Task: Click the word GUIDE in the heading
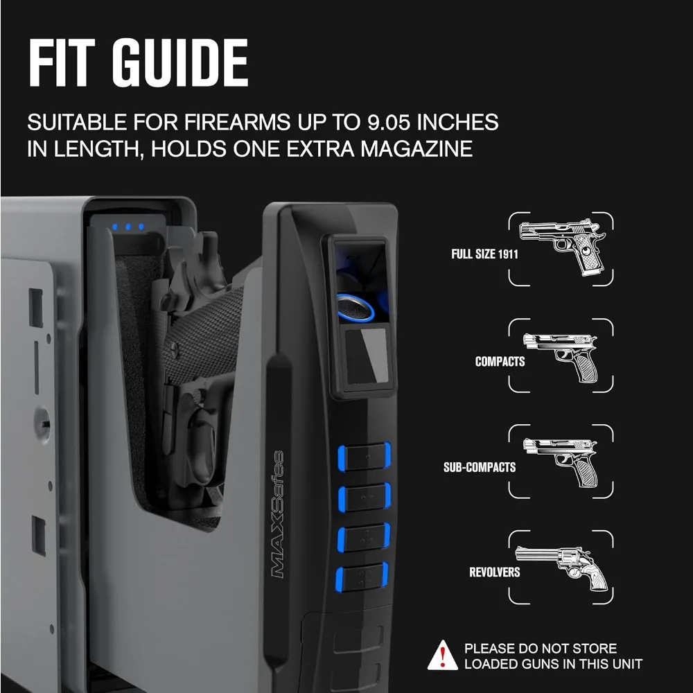click(x=179, y=63)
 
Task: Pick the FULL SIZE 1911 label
click(x=484, y=254)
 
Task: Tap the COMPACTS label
click(x=500, y=361)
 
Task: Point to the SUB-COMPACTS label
click(x=480, y=467)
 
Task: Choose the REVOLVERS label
click(x=494, y=572)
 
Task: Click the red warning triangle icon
click(x=442, y=656)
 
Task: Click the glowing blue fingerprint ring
click(x=356, y=307)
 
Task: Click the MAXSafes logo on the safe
click(x=275, y=514)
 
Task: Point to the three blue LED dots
click(x=128, y=227)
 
